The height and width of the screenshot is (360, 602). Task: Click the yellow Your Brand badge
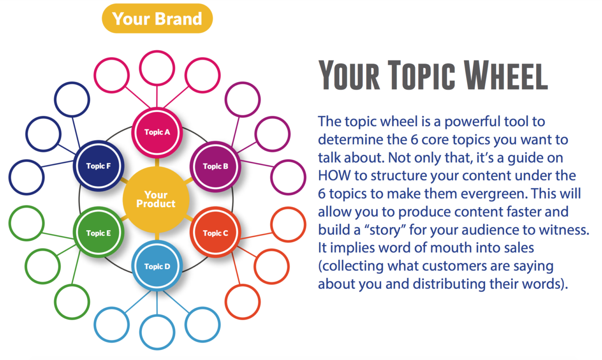[157, 19]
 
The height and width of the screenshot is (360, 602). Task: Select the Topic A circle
[157, 132]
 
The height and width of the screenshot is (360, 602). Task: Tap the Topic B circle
[215, 166]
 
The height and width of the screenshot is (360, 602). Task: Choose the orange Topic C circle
[215, 233]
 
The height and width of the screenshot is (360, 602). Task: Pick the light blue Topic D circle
[157, 266]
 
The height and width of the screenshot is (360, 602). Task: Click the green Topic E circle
[98, 233]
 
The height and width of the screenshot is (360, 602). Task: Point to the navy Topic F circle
[98, 166]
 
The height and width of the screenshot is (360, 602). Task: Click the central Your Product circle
[157, 200]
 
